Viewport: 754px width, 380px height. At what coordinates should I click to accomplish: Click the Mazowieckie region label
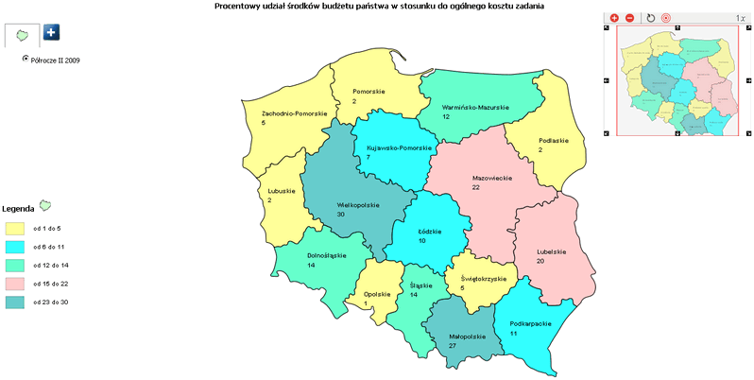click(491, 177)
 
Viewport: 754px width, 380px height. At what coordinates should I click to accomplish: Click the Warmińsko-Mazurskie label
click(475, 107)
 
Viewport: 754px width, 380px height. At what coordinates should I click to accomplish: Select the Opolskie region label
click(377, 294)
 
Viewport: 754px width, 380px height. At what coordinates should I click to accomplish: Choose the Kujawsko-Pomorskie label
click(399, 147)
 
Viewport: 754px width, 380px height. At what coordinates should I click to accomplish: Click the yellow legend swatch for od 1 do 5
click(14, 229)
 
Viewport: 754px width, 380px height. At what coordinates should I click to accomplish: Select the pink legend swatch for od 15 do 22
click(14, 284)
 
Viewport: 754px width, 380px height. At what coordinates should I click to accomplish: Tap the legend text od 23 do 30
click(50, 302)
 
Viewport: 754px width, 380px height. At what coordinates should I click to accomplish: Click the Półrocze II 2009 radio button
click(26, 59)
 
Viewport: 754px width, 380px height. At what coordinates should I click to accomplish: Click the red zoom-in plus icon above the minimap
click(614, 18)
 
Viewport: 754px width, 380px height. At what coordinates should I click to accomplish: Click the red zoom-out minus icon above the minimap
click(630, 18)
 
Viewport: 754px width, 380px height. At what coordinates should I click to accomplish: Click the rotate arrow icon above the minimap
click(650, 18)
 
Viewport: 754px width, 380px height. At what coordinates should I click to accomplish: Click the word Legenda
click(18, 208)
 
